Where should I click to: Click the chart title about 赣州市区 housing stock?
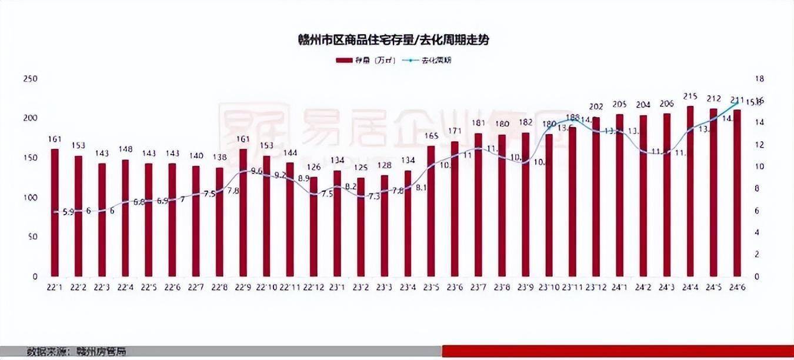tap(393, 40)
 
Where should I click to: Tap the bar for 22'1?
tap(55, 212)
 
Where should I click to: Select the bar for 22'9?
tap(243, 212)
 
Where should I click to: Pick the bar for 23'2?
tap(361, 226)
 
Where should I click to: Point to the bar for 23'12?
tap(596, 196)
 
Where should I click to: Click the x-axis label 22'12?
tap(313, 287)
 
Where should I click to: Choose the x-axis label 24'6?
tap(737, 287)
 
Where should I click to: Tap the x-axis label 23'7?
tap(478, 287)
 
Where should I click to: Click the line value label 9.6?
tap(256, 171)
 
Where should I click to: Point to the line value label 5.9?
tap(68, 212)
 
